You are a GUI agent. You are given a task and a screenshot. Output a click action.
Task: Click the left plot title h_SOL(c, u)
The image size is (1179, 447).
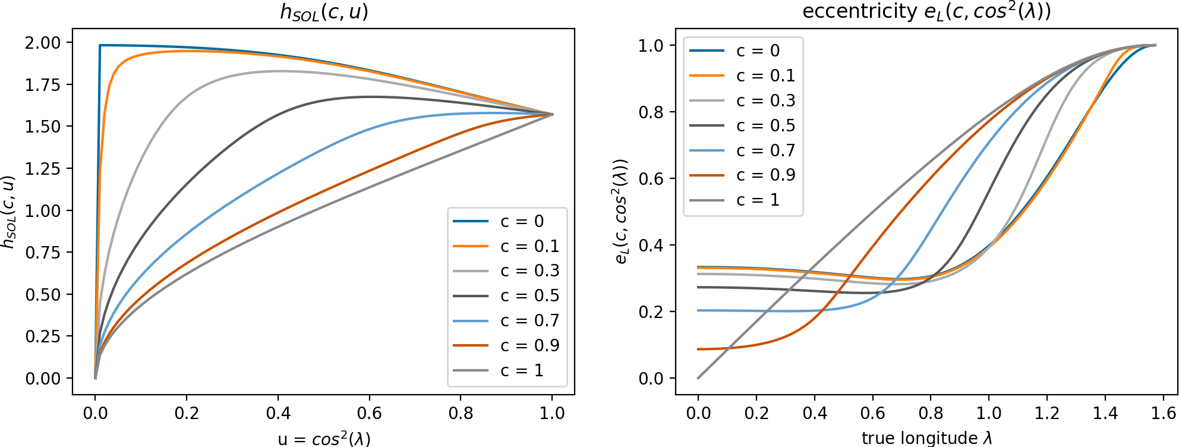pyautogui.click(x=324, y=12)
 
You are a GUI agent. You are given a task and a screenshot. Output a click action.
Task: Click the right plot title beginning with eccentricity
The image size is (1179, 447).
pyautogui.click(x=926, y=12)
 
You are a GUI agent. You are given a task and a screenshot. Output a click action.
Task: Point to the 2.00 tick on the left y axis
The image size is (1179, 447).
pyautogui.click(x=43, y=43)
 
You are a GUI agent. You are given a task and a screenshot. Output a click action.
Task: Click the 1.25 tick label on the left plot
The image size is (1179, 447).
pyautogui.click(x=43, y=169)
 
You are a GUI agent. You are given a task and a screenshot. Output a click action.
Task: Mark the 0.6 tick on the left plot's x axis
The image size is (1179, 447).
pyautogui.click(x=369, y=413)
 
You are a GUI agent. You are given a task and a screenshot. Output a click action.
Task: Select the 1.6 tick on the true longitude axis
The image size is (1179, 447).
pyautogui.click(x=1163, y=413)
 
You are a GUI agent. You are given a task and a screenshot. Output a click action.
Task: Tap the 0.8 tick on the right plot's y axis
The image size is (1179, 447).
pyautogui.click(x=652, y=112)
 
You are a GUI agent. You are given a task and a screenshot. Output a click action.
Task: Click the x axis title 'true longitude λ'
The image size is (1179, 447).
pyautogui.click(x=926, y=439)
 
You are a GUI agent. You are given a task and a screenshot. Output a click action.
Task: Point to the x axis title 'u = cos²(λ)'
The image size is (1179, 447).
pyautogui.click(x=324, y=439)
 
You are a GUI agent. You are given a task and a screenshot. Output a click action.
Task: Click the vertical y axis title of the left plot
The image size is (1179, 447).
pyautogui.click(x=8, y=212)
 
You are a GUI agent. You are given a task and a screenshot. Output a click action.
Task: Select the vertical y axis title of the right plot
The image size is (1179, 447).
pyautogui.click(x=621, y=212)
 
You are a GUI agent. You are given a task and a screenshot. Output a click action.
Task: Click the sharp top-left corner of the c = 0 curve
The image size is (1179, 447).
pyautogui.click(x=100, y=45)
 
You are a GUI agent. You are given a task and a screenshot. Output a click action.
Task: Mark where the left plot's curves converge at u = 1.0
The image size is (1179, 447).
pyautogui.click(x=553, y=114)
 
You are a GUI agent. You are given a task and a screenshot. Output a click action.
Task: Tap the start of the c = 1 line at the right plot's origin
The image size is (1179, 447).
pyautogui.click(x=698, y=378)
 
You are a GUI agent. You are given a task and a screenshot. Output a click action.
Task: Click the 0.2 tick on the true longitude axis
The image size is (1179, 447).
pyautogui.click(x=756, y=413)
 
